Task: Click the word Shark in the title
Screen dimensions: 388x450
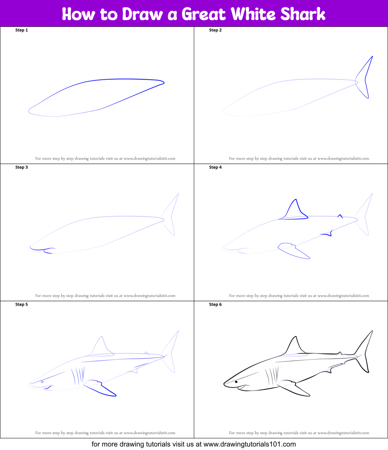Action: [303, 14]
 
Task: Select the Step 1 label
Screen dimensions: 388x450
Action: [21, 30]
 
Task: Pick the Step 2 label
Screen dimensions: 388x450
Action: [216, 30]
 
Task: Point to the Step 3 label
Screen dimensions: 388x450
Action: [21, 167]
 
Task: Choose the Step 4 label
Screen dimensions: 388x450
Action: [216, 167]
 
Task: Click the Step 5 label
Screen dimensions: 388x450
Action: [21, 305]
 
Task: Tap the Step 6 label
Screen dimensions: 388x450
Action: [216, 305]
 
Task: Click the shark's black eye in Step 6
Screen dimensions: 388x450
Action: [236, 382]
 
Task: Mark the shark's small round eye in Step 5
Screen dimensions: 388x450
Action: [42, 382]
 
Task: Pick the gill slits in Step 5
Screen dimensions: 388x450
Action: [78, 376]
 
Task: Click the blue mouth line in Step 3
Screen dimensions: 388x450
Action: [42, 250]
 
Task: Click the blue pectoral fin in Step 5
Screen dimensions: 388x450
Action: [100, 388]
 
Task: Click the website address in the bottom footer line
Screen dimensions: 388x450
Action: [249, 444]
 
